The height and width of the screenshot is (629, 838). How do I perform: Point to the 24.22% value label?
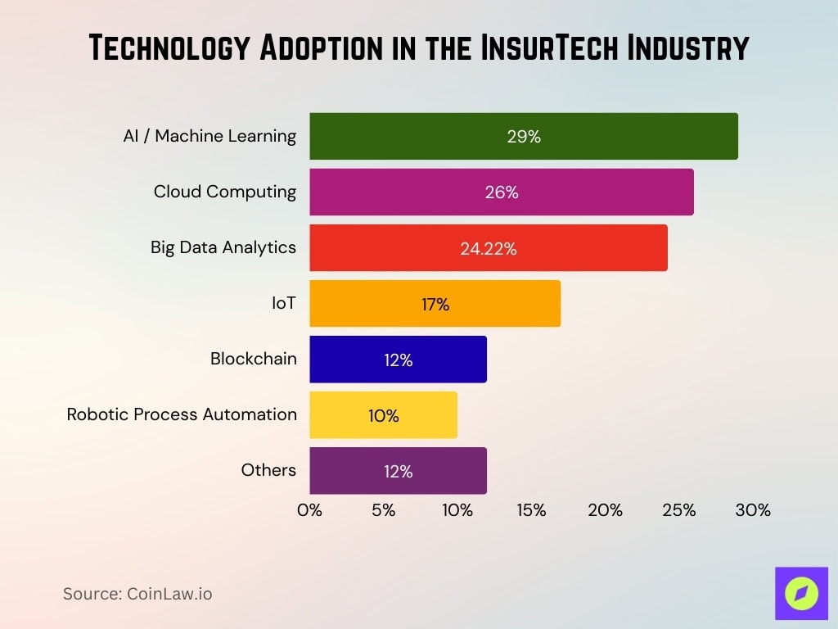pyautogui.click(x=489, y=249)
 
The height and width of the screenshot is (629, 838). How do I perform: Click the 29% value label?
pyautogui.click(x=524, y=137)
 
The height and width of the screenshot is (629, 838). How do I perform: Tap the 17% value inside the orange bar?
pyautogui.click(x=435, y=305)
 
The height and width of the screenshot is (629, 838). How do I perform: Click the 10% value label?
pyautogui.click(x=383, y=416)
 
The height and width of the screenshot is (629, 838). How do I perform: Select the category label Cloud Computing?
pyautogui.click(x=225, y=192)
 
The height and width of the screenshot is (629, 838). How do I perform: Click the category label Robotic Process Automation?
pyautogui.click(x=182, y=414)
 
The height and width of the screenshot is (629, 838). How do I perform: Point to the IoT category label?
pyautogui.click(x=283, y=303)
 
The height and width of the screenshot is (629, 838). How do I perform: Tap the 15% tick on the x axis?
pyautogui.click(x=531, y=510)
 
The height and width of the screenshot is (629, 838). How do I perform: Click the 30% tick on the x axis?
pyautogui.click(x=753, y=510)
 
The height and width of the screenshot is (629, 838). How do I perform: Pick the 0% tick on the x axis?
pyautogui.click(x=309, y=510)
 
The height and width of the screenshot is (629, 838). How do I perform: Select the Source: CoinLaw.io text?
pyautogui.click(x=137, y=594)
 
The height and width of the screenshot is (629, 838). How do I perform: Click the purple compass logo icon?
pyautogui.click(x=801, y=593)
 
